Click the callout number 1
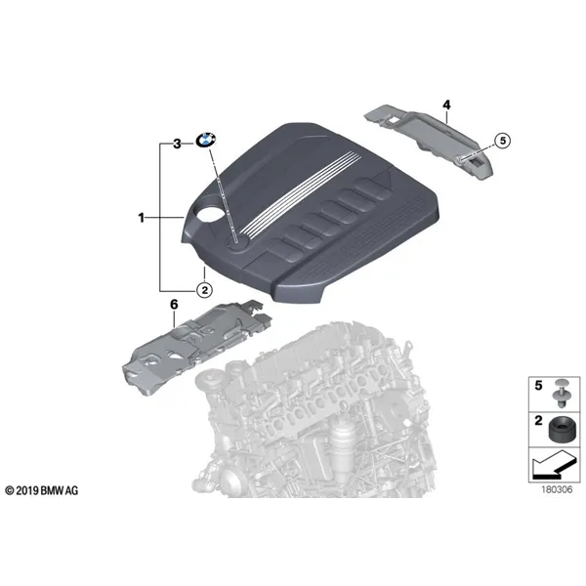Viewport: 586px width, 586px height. click(x=141, y=218)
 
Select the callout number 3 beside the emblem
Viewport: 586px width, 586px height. click(x=177, y=144)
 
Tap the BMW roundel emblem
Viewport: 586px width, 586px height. click(x=206, y=141)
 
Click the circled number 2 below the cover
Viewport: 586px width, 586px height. click(x=204, y=290)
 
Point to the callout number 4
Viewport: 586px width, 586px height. click(x=446, y=105)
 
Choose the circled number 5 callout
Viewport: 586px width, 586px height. click(x=503, y=141)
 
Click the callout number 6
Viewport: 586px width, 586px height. click(x=174, y=305)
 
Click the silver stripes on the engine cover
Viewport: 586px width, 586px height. click(x=301, y=193)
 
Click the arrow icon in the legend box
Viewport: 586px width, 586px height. click(x=554, y=464)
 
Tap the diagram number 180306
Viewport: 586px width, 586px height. click(x=557, y=489)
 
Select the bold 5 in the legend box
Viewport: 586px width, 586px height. click(x=538, y=386)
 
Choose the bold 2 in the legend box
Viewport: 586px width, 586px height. click(x=538, y=421)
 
